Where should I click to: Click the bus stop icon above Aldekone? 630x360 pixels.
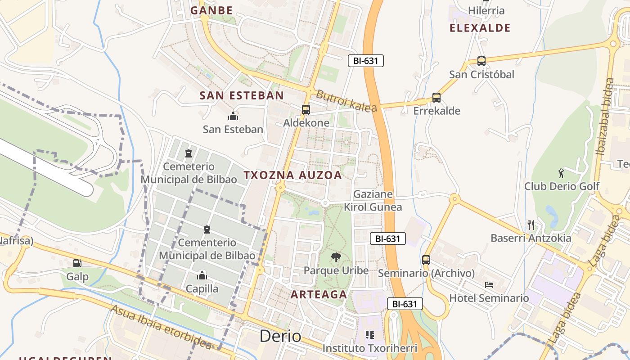(306, 109)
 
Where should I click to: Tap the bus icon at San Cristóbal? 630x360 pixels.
(481, 61)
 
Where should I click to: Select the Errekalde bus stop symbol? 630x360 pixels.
(436, 98)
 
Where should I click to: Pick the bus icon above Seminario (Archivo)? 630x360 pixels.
(426, 260)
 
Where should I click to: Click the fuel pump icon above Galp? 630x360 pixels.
(77, 263)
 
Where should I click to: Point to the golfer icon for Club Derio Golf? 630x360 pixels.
(561, 173)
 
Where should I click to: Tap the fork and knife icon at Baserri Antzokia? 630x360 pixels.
(531, 225)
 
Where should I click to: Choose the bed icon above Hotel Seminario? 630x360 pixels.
(489, 285)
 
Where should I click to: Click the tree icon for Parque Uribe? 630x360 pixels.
(336, 257)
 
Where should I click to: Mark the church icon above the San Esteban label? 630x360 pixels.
(233, 116)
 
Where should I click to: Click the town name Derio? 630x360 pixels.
(280, 336)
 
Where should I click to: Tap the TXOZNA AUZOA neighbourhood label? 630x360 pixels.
(293, 175)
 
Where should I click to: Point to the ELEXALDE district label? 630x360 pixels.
(480, 28)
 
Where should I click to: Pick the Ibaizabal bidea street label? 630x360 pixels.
(605, 117)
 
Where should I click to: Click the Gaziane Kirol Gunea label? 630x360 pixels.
(373, 201)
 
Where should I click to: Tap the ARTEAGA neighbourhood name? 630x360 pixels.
(319, 295)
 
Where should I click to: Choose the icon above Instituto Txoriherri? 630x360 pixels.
(370, 335)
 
